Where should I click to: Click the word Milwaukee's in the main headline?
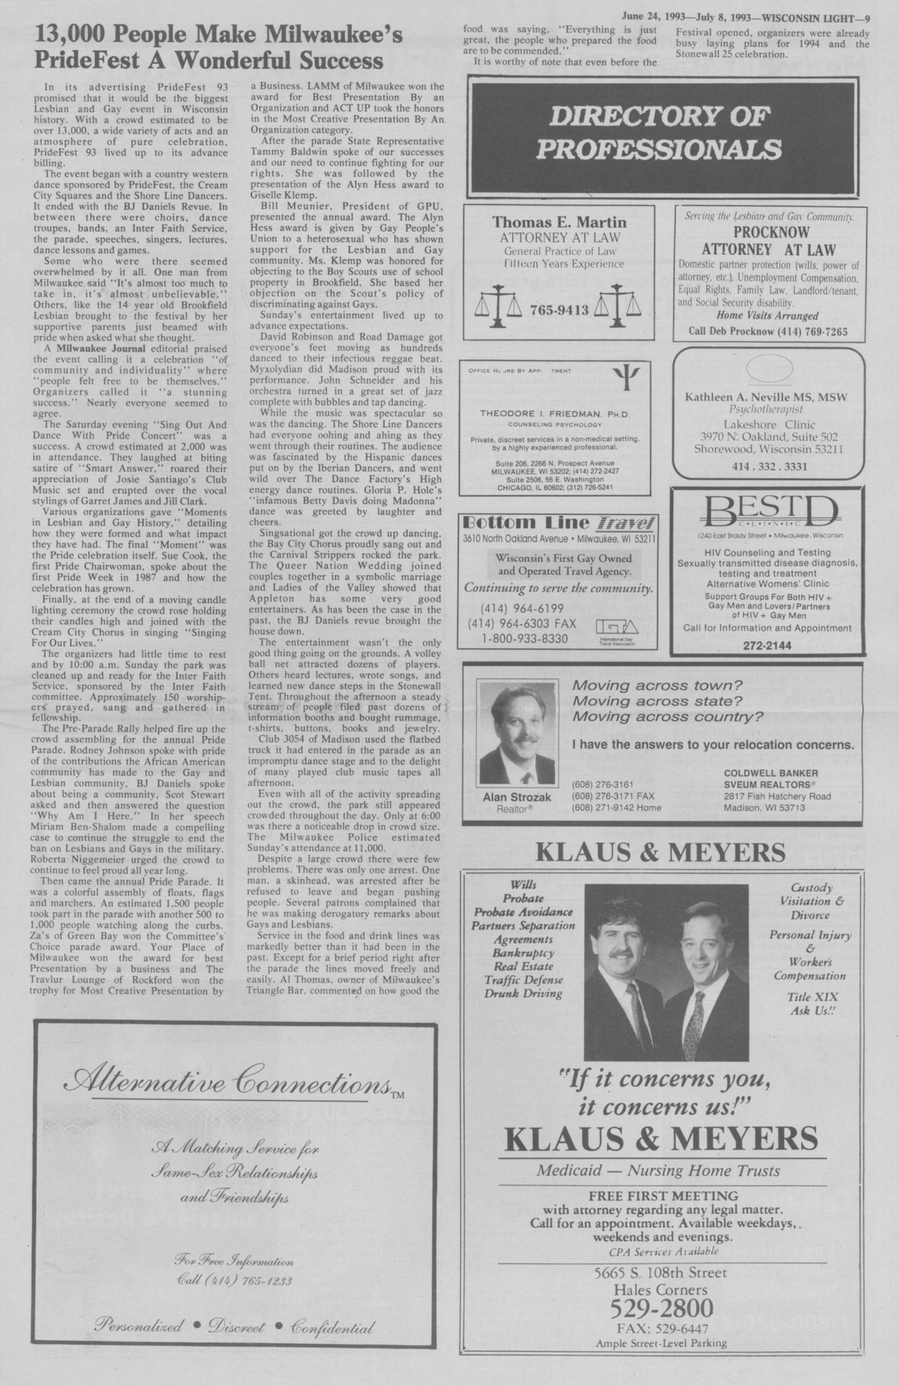click(343, 36)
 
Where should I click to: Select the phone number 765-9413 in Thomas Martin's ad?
click(559, 310)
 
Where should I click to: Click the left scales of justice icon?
click(498, 306)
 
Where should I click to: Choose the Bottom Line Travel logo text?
click(557, 522)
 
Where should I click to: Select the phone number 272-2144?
click(767, 646)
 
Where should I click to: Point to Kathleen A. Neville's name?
click(766, 397)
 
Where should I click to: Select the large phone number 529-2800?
click(661, 1292)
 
